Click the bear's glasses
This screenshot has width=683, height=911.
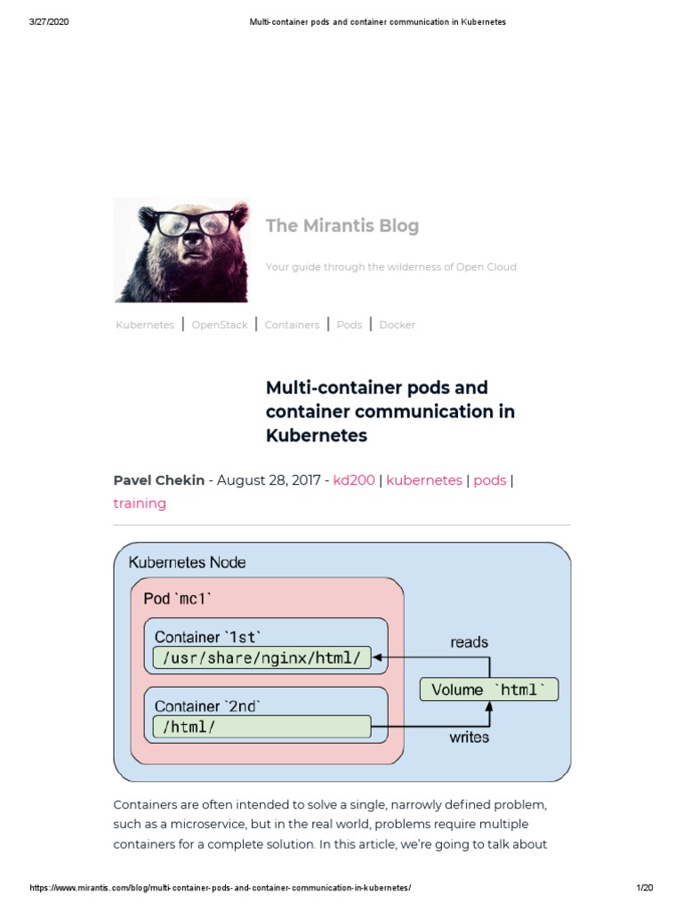[x=183, y=222]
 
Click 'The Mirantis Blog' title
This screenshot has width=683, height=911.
[x=342, y=226]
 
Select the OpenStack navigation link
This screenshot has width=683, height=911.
[x=220, y=325]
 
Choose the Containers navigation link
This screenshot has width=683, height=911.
[x=292, y=325]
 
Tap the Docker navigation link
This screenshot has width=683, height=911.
[x=398, y=325]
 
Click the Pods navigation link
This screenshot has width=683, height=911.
[x=350, y=325]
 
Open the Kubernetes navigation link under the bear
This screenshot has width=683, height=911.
[x=145, y=325]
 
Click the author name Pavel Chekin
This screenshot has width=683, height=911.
[x=159, y=480]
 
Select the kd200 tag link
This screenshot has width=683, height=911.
[x=354, y=480]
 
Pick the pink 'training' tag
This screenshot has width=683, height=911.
[x=140, y=504]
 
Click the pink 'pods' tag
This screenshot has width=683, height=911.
[x=490, y=480]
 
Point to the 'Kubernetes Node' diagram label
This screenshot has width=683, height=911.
[x=188, y=562]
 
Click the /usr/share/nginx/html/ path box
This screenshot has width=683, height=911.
[x=261, y=658]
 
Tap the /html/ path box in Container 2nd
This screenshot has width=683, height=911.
[x=261, y=727]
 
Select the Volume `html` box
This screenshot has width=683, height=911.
[x=489, y=689]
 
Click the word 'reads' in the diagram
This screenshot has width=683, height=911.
[x=470, y=641]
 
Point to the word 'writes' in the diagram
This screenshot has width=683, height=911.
[x=469, y=737]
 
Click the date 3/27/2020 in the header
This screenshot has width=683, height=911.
[x=49, y=22]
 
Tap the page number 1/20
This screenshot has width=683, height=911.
[x=645, y=889]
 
